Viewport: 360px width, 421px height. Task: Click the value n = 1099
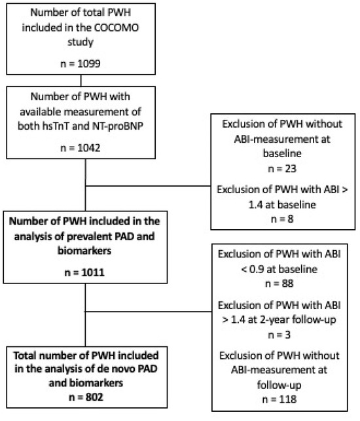[x=81, y=64]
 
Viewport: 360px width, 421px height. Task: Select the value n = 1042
[x=81, y=148]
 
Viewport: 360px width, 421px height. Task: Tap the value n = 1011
[x=84, y=272]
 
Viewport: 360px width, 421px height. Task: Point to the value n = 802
[x=86, y=397]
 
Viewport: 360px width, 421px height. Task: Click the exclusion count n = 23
[x=282, y=169]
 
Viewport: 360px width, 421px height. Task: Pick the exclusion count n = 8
[x=282, y=219]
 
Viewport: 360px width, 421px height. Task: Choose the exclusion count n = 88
[x=279, y=284]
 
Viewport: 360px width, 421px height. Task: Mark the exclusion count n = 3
[x=279, y=335]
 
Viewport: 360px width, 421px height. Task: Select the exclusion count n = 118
[x=279, y=399]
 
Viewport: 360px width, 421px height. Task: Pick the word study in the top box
[x=81, y=42]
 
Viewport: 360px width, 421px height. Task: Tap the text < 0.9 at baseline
[x=279, y=269]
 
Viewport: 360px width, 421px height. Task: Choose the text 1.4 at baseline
[x=282, y=204]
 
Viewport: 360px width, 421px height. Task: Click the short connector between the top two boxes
[x=81, y=81]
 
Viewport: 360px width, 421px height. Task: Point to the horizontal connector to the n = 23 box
[x=148, y=185]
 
